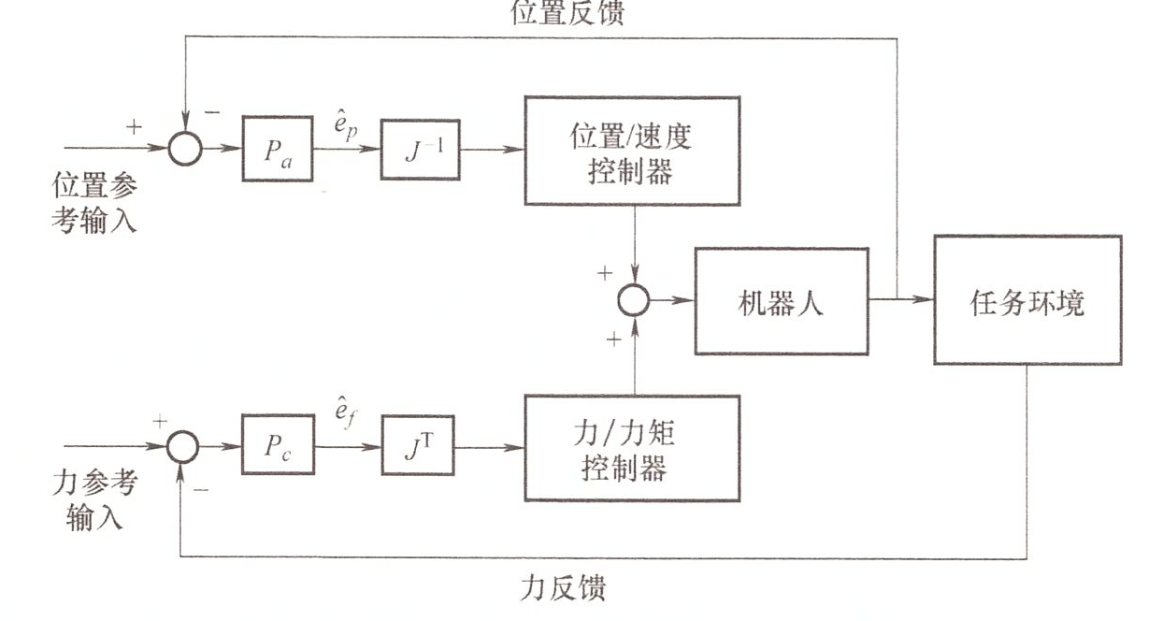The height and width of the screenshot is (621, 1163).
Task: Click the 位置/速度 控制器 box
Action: point(632,151)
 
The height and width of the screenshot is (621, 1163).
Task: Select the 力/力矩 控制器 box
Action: point(632,448)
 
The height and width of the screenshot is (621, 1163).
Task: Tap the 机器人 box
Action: point(781,301)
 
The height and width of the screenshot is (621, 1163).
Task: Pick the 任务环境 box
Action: point(1027,301)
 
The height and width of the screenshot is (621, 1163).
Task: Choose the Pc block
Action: point(277,446)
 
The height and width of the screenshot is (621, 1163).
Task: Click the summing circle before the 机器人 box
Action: point(634,300)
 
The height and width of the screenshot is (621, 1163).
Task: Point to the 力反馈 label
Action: point(563,588)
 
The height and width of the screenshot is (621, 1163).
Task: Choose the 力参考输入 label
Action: point(94,499)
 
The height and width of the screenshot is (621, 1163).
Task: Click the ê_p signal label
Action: point(347,124)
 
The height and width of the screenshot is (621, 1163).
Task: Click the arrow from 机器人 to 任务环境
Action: point(901,300)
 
